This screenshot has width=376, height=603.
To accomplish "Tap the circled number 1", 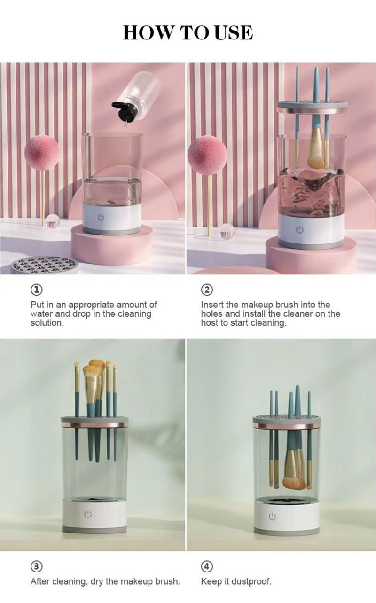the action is click(36, 290).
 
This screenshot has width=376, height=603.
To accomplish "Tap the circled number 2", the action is click(207, 290).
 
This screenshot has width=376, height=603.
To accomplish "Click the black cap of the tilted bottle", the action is click(124, 111).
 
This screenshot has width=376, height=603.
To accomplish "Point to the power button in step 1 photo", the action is click(101, 217).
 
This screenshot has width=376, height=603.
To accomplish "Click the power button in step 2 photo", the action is click(299, 230).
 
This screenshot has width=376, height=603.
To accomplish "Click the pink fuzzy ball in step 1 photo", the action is click(42, 153).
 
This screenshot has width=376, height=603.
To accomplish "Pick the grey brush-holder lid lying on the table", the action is click(44, 265).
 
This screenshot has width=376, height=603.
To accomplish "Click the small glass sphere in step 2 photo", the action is click(227, 231).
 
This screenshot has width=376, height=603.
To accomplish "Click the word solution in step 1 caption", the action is click(47, 323).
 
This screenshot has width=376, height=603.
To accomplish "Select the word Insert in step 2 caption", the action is click(212, 305).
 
